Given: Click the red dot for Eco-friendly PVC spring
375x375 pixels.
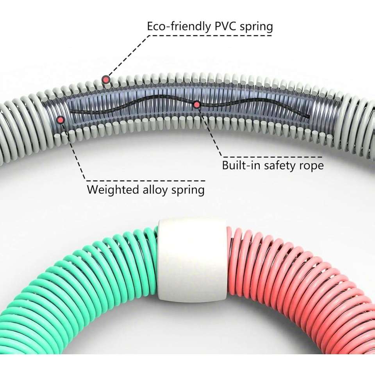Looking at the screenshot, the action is click(x=105, y=80).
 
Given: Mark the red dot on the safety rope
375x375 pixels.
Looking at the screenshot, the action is click(x=197, y=104).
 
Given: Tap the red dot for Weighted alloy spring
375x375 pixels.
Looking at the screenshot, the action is click(x=61, y=120).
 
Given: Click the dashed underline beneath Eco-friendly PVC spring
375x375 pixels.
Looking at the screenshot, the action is click(x=211, y=36).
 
